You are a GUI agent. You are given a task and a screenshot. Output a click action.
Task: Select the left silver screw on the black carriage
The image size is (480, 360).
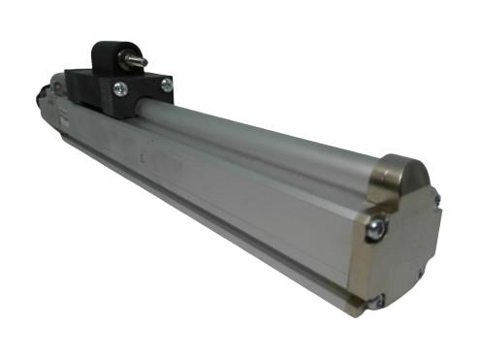(x=119, y=91)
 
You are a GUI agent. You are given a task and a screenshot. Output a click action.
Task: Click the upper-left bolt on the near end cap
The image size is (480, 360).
(x=376, y=227)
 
